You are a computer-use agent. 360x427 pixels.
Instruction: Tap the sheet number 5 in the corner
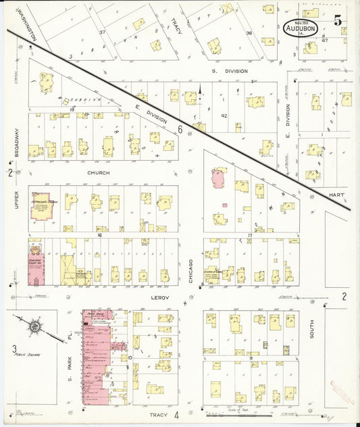337,20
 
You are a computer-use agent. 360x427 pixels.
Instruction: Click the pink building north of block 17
218,178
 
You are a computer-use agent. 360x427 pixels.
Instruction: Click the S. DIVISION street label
230,71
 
